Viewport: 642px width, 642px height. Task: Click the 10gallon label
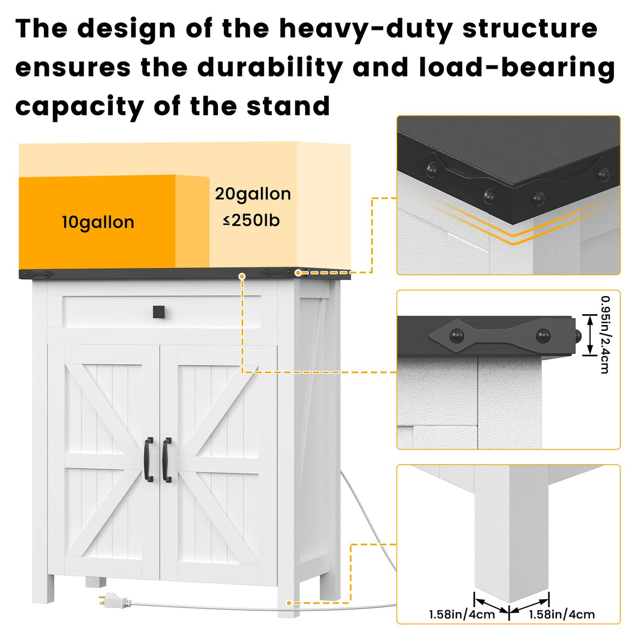click(x=98, y=222)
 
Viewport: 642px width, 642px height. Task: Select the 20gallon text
click(x=253, y=194)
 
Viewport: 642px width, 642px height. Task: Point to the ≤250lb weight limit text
click(x=251, y=220)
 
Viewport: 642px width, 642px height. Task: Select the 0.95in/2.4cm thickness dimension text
click(x=604, y=334)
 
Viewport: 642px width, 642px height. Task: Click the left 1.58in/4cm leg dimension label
click(x=462, y=615)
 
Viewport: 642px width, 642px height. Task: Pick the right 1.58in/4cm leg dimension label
click(x=562, y=615)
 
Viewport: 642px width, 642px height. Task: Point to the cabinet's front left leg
click(x=43, y=587)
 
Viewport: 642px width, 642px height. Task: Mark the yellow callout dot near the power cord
click(x=289, y=603)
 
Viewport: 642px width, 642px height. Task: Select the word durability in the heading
click(x=270, y=68)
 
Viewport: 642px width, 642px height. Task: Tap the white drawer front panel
click(x=161, y=312)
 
